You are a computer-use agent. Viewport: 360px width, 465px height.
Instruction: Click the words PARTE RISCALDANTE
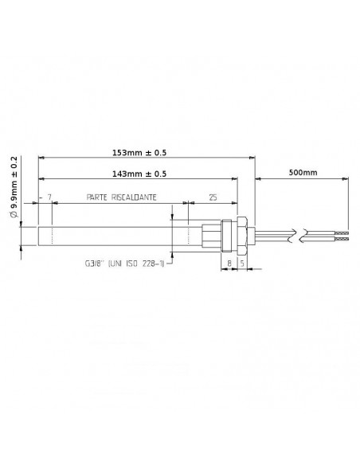point(122,196)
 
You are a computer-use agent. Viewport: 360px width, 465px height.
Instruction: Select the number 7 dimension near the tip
point(49,196)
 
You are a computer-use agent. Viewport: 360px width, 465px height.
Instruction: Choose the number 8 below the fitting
point(229,260)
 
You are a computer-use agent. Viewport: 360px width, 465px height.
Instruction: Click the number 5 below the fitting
point(242,260)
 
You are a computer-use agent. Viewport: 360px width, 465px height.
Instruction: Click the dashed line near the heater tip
point(52,235)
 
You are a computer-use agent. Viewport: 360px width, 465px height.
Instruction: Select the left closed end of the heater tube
point(38,235)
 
